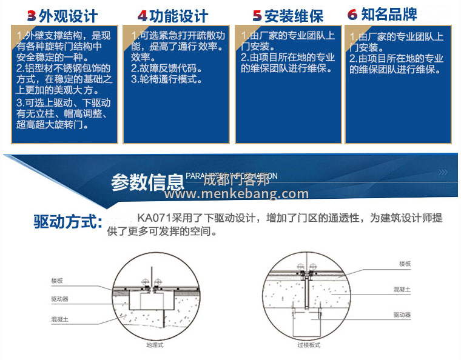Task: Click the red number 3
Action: tap(32, 16)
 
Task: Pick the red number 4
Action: tap(143, 16)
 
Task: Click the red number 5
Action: tap(257, 16)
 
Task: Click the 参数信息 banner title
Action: tap(147, 182)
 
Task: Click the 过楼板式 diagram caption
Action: tap(309, 345)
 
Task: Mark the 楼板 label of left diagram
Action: tap(58, 281)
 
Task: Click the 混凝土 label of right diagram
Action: tap(402, 290)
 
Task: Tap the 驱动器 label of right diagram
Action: tap(402, 315)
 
